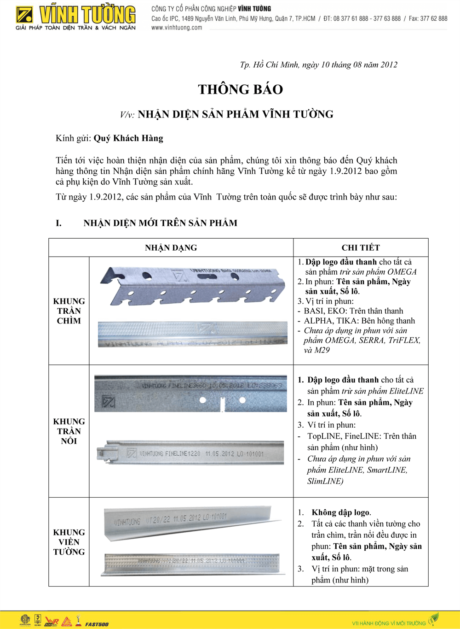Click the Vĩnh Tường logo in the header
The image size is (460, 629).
[75, 18]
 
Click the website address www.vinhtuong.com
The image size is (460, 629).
[177, 28]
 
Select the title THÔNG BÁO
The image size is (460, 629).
[240, 89]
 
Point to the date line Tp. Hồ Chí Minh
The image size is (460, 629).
[318, 65]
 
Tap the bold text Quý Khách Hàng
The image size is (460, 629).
[128, 138]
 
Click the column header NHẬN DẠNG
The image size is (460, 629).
[171, 248]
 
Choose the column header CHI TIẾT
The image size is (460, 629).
[361, 248]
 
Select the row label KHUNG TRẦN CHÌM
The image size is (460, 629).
[69, 311]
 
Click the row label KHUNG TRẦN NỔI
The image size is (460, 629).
[69, 431]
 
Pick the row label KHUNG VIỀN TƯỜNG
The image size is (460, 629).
[69, 542]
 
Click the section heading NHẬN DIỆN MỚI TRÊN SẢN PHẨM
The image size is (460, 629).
[160, 223]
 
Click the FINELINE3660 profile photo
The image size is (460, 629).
[190, 393]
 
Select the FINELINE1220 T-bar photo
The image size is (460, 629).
[190, 453]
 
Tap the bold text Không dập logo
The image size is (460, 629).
[341, 512]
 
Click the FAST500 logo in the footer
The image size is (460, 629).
[97, 624]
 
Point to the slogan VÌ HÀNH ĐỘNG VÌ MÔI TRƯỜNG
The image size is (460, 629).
[389, 623]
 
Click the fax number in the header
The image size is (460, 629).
[428, 19]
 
